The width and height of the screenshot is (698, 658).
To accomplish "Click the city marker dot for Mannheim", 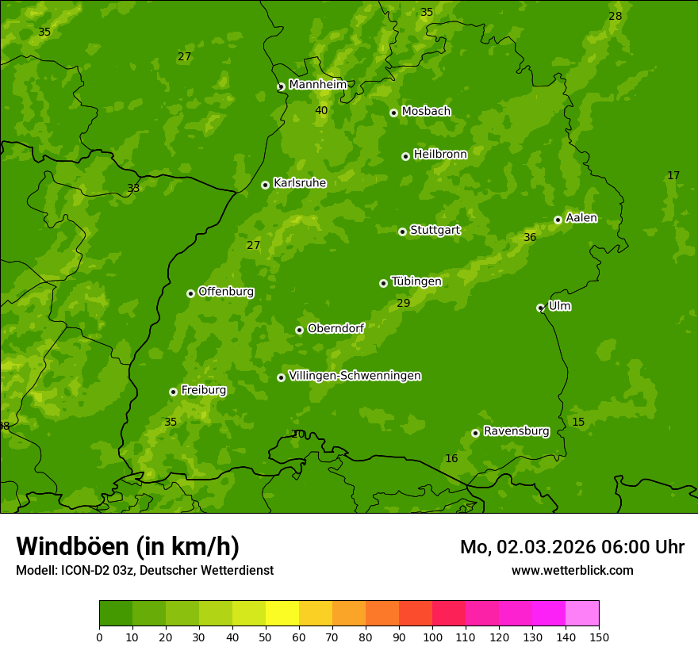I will click(x=281, y=87).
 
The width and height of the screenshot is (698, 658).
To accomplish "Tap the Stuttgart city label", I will click(x=435, y=230).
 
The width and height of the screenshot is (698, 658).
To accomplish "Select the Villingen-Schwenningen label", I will click(x=355, y=376).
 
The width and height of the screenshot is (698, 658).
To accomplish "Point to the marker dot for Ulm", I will click(x=540, y=308).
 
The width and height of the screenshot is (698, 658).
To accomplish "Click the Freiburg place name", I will click(x=203, y=390).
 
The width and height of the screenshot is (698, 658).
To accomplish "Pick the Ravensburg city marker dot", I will click(x=475, y=433).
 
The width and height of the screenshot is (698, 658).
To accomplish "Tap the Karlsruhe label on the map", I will click(x=300, y=183).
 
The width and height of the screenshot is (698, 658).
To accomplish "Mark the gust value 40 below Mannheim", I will click(x=321, y=110).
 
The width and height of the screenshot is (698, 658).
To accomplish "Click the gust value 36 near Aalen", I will click(x=530, y=237).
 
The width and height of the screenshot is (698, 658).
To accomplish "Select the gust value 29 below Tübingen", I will click(x=403, y=303).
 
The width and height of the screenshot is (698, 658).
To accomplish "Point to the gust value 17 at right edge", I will click(x=673, y=175).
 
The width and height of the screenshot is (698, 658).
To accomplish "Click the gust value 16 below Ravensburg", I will click(x=451, y=458).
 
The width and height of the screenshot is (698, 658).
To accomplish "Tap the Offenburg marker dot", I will click(x=190, y=293).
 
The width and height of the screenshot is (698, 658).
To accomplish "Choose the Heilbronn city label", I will click(x=440, y=155).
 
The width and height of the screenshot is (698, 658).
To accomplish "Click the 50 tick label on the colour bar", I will click(x=266, y=637).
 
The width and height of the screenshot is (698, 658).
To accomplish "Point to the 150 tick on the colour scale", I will click(x=599, y=637).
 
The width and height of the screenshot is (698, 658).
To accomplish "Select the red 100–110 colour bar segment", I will click(x=449, y=614).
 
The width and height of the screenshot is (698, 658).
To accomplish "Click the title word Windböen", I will click(x=72, y=546).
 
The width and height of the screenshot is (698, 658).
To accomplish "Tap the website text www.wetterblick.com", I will click(x=572, y=570).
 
